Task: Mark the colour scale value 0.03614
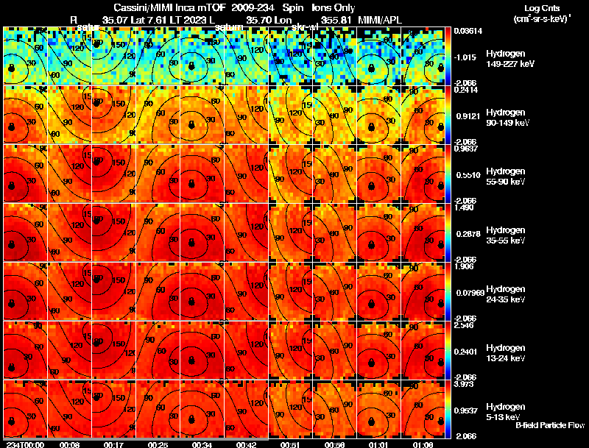pyautogui.click(x=468, y=31)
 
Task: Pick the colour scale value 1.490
pyautogui.click(x=466, y=207)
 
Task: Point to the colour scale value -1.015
pyautogui.click(x=467, y=57)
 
